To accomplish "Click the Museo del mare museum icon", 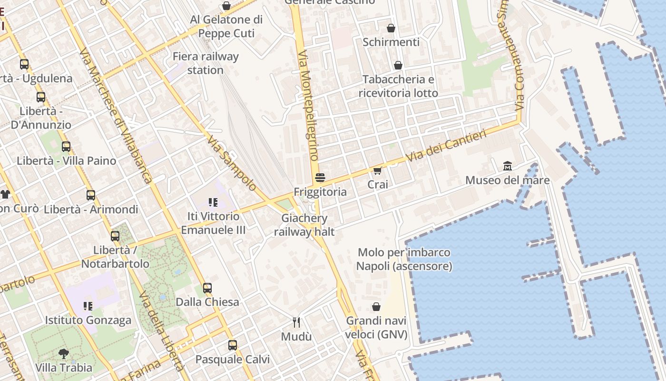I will pyautogui.click(x=508, y=166).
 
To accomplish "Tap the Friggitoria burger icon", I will pyautogui.click(x=320, y=178).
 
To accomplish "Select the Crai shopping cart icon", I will pyautogui.click(x=378, y=170).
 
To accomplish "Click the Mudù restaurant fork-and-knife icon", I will pyautogui.click(x=296, y=322).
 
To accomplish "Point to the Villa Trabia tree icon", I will pyautogui.click(x=64, y=353).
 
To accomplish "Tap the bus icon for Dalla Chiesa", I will pyautogui.click(x=207, y=288).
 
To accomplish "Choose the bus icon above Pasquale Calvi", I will pyautogui.click(x=233, y=345).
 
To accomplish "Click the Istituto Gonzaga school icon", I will pyautogui.click(x=88, y=306).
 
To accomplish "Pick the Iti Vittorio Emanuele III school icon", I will pyautogui.click(x=213, y=202).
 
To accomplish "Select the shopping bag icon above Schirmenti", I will pyautogui.click(x=391, y=28).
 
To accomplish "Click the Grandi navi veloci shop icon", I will pyautogui.click(x=376, y=307).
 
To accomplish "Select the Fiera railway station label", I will pyautogui.click(x=206, y=63).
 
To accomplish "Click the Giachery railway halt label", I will pyautogui.click(x=304, y=225).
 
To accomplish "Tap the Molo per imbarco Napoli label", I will pyautogui.click(x=404, y=259).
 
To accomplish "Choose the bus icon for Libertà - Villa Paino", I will pyautogui.click(x=66, y=147).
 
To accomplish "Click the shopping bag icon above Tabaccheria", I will pyautogui.click(x=398, y=65).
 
